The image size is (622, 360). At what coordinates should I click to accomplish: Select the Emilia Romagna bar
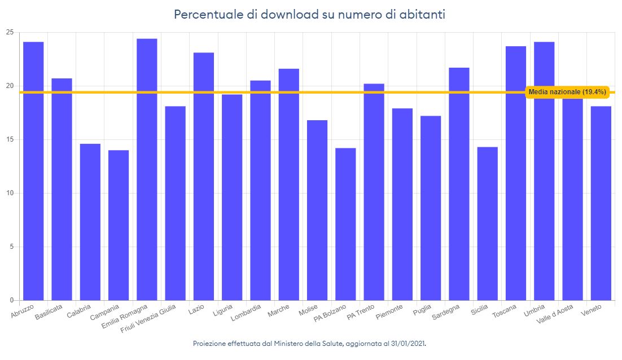[147, 169]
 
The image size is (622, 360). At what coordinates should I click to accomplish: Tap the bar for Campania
[119, 225]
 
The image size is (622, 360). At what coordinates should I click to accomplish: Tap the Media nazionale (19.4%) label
[567, 92]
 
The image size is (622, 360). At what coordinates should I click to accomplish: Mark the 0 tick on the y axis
[11, 300]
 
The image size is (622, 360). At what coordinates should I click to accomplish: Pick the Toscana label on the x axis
[504, 310]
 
